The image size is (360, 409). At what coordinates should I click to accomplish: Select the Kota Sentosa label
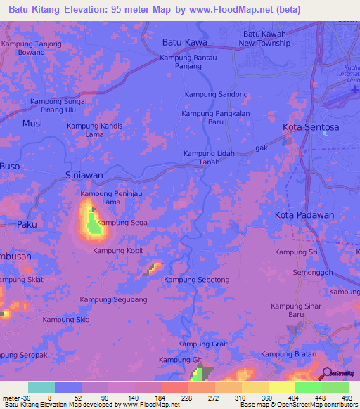tap(311, 127)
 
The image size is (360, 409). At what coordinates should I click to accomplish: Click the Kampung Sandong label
tap(216, 94)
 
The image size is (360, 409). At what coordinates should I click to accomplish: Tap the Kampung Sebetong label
tap(196, 280)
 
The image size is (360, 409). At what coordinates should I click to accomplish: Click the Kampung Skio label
tap(66, 320)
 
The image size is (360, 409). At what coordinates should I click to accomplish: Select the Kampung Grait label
tap(202, 344)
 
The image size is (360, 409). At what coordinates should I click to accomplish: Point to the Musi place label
tap(32, 123)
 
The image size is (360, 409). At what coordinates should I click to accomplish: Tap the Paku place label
tap(26, 224)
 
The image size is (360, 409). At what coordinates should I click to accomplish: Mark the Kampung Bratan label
tap(288, 354)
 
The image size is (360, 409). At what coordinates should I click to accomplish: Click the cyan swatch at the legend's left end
tap(41, 387)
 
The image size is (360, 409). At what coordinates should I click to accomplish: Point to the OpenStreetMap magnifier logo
tap(328, 374)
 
